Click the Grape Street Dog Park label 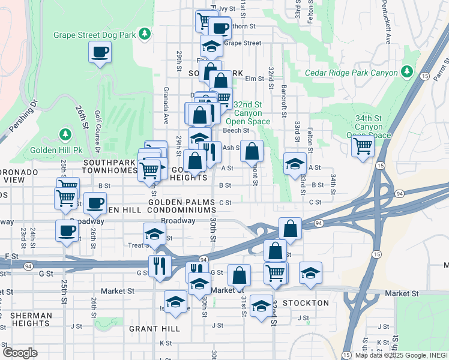point(95,35)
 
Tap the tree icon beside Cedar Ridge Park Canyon point(408,72)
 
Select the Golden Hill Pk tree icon point(64,133)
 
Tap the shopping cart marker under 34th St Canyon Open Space point(363,145)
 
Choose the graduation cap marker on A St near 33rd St point(295,164)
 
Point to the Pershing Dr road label point(22,114)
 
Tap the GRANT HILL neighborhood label point(154,329)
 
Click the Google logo point(20,353)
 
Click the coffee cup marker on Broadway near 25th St point(66,230)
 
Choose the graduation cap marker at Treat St point(154,234)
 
